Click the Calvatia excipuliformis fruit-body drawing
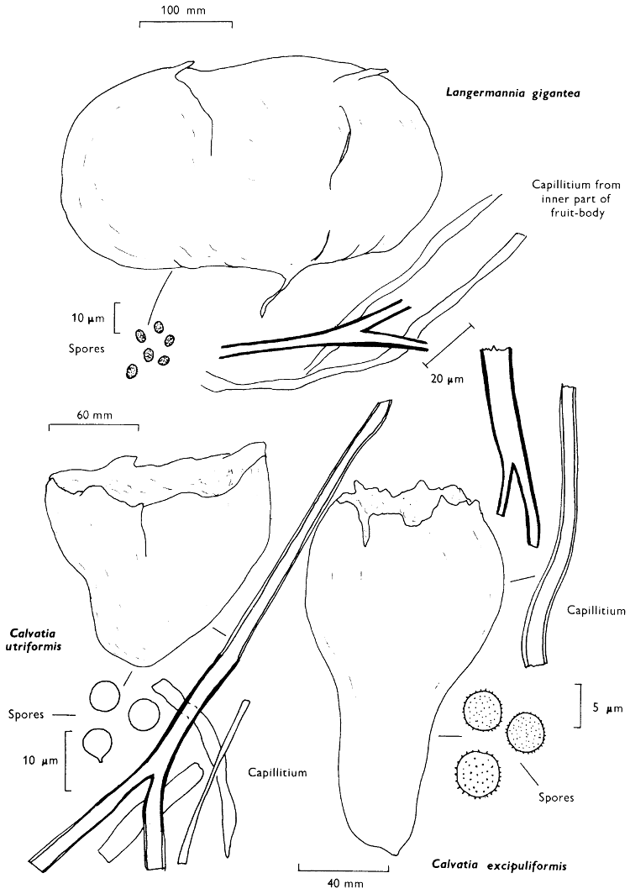(x=395, y=655)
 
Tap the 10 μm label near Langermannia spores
(x=86, y=318)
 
